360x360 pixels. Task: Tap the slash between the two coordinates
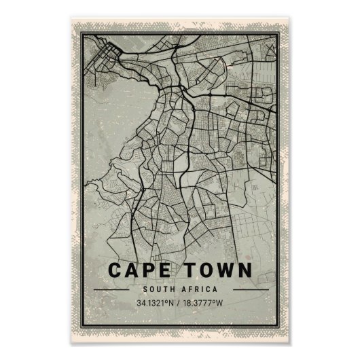(178, 303)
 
